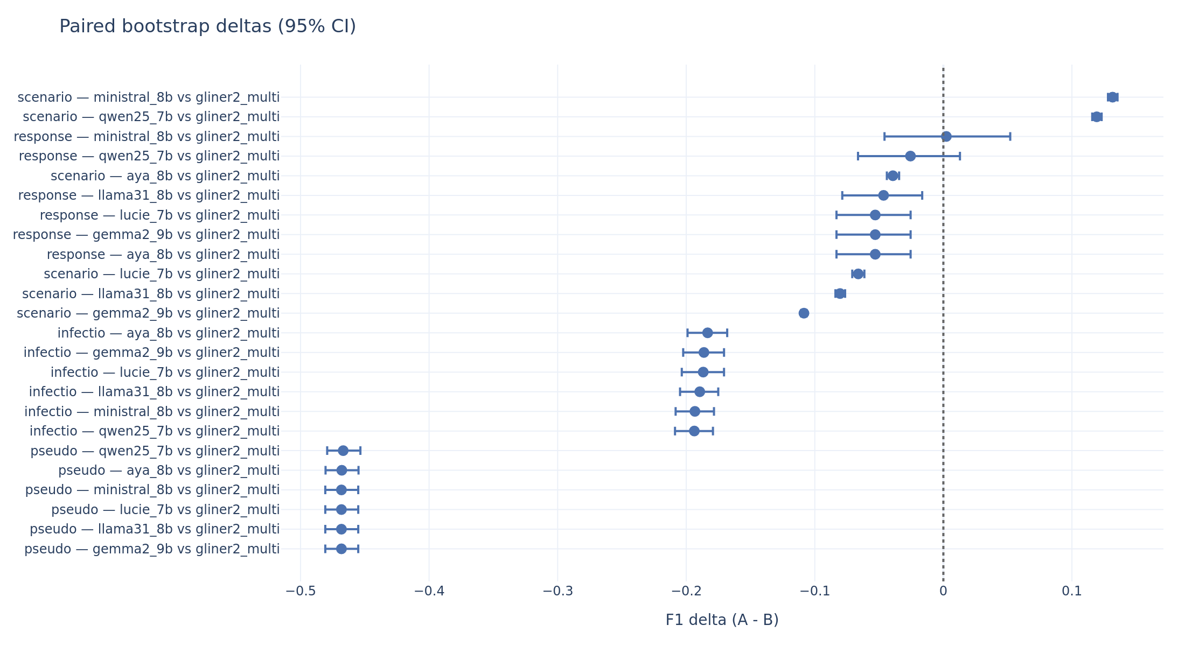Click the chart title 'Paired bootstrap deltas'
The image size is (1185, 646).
coord(207,26)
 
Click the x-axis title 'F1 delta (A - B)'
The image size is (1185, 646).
coord(722,620)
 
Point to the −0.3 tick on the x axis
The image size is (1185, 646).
coord(557,591)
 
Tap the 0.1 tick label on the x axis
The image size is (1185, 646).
coord(1071,591)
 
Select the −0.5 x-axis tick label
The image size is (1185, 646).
coord(301,591)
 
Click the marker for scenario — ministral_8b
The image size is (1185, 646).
coord(1112,97)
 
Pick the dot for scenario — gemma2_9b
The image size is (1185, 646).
coord(804,313)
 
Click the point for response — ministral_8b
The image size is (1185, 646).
coord(946,137)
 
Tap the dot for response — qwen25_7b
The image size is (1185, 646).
coord(910,156)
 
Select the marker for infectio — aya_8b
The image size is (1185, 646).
coord(707,333)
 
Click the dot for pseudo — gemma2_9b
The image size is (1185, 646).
coord(341,549)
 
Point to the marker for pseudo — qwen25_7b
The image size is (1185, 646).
coord(343,451)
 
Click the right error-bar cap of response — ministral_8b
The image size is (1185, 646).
coord(1010,137)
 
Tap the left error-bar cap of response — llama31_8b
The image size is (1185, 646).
coord(842,195)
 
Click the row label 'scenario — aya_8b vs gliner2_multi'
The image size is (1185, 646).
coord(165,176)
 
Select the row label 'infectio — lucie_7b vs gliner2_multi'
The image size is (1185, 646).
coord(165,373)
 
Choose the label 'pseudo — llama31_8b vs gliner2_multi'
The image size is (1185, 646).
coord(155,529)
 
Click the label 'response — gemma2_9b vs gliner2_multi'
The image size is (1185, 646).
coord(146,235)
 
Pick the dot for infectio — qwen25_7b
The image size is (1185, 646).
coord(694,431)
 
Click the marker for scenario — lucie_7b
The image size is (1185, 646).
coord(858,274)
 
